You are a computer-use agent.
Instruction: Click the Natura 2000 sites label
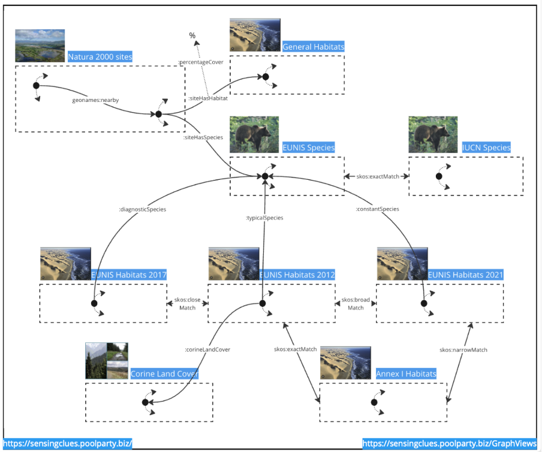100,57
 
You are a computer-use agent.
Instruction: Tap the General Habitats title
313,47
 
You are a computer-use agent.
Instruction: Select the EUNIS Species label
308,147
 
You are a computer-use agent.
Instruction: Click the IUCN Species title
486,147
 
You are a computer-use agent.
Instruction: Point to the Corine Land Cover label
164,374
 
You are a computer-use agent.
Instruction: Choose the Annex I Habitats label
406,374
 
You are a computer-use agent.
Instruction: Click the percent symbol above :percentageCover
192,36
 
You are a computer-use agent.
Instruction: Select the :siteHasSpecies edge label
203,137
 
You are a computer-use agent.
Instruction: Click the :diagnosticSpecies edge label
142,209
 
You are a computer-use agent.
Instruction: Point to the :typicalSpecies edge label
264,218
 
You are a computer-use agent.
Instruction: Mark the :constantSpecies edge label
377,209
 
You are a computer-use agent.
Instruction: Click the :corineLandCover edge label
207,349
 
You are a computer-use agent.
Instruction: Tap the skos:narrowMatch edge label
463,349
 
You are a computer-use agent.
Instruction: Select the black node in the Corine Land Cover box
145,402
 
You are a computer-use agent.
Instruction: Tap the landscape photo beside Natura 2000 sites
40,46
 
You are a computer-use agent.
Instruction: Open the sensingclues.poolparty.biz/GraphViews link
449,444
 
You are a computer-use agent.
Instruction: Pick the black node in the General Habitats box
265,77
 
